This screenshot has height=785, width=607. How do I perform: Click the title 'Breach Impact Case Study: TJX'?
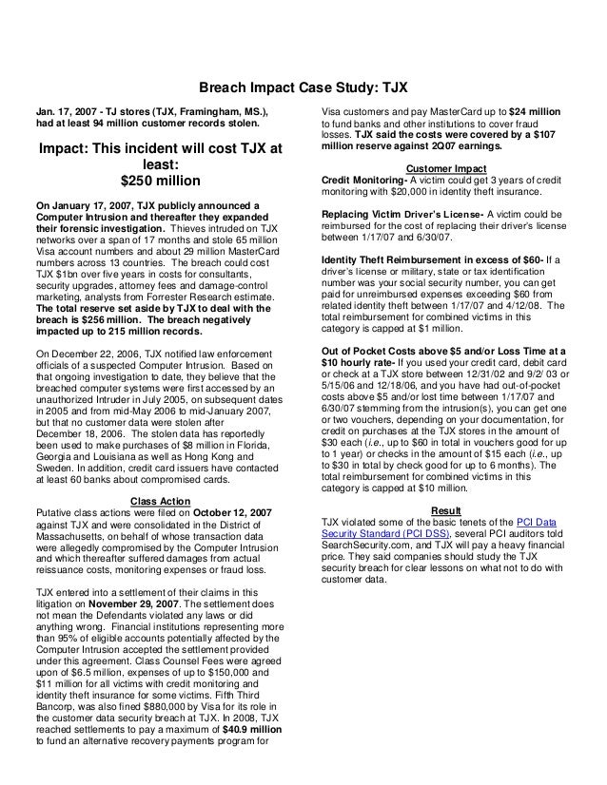pyautogui.click(x=303, y=86)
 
